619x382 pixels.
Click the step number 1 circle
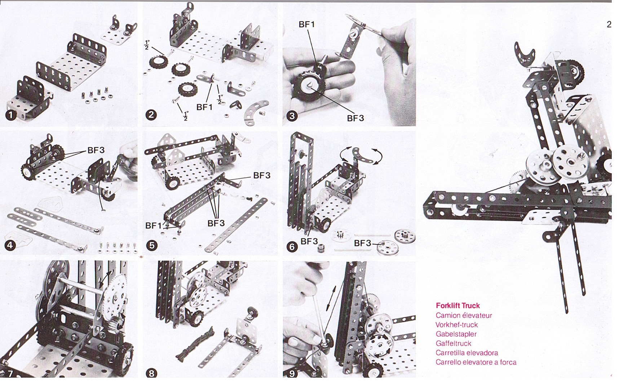11,115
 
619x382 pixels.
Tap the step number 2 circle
151,115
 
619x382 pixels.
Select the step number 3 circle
292,116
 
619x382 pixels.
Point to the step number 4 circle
10,246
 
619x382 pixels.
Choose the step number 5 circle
152,246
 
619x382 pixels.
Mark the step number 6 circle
292,247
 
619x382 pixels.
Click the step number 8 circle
151,373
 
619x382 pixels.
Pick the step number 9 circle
292,373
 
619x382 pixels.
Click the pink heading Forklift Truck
458,306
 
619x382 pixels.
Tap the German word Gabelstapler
456,334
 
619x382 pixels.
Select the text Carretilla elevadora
467,353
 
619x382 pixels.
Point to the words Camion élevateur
464,315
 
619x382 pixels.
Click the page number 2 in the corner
609,24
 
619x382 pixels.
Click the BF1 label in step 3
307,24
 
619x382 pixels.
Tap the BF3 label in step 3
355,118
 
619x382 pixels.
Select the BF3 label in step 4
96,150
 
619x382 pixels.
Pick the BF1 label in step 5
154,226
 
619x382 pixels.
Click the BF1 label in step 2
204,107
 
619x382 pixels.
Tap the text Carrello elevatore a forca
476,362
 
